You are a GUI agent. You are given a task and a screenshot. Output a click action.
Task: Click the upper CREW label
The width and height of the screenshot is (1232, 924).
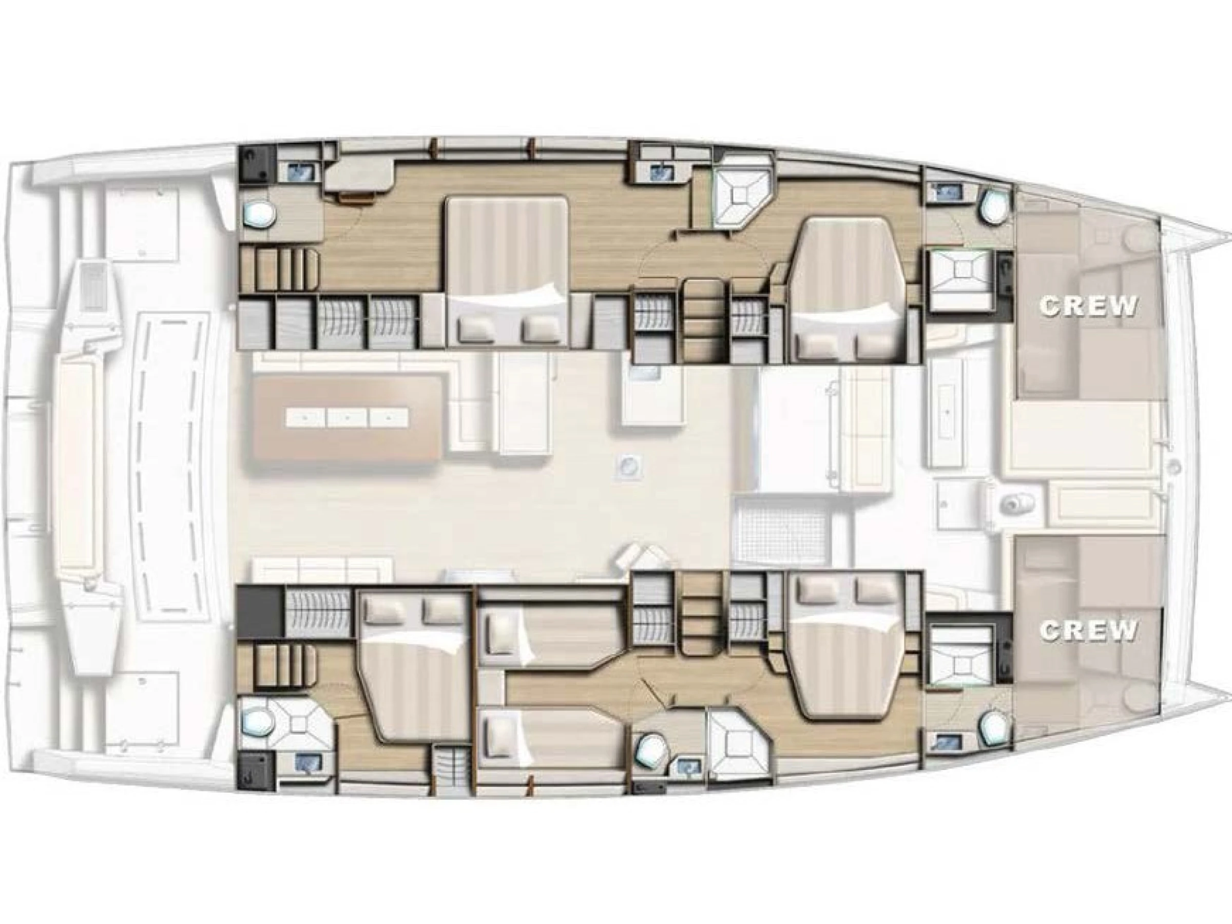[1087, 306]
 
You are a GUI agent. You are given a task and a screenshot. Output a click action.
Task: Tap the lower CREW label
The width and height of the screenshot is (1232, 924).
[1087, 631]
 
